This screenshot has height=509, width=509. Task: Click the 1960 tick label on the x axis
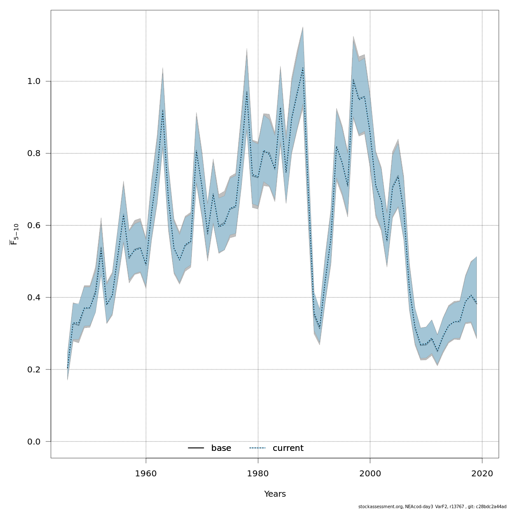[146, 473]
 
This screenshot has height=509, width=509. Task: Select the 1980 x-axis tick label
[258, 473]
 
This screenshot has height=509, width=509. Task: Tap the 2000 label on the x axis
[370, 473]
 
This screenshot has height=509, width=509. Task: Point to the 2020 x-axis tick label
[482, 473]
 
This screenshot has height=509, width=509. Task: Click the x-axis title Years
[275, 494]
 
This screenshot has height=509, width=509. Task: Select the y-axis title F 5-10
[14, 234]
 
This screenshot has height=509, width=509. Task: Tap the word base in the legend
[221, 448]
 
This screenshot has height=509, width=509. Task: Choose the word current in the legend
[288, 448]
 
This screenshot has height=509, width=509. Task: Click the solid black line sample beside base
[196, 448]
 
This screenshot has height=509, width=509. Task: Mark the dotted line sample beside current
[257, 448]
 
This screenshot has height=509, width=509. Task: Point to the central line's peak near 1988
[303, 68]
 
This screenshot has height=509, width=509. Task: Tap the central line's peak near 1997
[353, 79]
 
